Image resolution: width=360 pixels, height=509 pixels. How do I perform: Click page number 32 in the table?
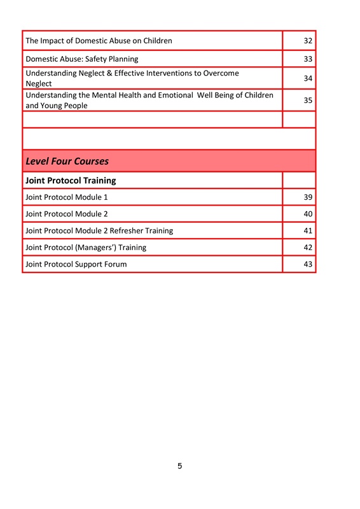[x=307, y=41]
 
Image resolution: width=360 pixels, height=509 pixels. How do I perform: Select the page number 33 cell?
[x=307, y=59]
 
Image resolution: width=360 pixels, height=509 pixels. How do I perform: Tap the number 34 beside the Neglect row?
[x=307, y=79]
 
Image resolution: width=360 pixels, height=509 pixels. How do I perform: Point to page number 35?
[x=307, y=101]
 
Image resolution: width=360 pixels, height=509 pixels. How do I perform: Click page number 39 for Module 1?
[x=307, y=197]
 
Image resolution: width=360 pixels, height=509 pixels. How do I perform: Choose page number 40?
[x=307, y=214]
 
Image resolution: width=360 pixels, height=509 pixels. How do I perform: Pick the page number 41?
[x=307, y=230]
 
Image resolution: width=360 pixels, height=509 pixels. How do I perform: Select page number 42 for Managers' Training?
[x=307, y=248]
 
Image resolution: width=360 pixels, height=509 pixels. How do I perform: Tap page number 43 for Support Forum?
[x=307, y=264]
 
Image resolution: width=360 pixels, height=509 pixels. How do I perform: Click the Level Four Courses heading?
[x=67, y=161]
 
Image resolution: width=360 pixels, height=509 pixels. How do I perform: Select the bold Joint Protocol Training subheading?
[x=70, y=181]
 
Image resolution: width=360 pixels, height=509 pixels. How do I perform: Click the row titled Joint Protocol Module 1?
[x=66, y=197]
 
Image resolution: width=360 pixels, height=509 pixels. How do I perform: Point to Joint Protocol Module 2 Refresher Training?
[x=99, y=230]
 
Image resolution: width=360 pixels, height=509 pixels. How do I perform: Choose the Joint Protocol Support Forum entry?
[x=76, y=264]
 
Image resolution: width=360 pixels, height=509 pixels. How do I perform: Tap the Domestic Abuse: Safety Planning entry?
[x=81, y=59]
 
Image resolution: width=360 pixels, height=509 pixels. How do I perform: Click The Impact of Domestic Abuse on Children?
[x=99, y=41]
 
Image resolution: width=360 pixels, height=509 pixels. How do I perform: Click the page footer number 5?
[x=180, y=466]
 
